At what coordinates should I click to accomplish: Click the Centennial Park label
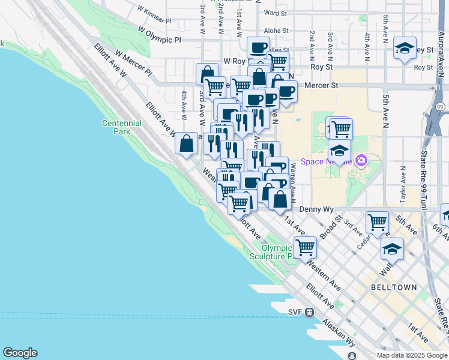click(121, 127)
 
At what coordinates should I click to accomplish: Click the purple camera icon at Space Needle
click(361, 160)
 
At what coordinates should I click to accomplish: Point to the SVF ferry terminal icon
click(310, 312)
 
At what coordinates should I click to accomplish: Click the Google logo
click(20, 353)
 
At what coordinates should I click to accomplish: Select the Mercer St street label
click(321, 85)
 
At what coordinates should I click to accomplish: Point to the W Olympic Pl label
click(159, 34)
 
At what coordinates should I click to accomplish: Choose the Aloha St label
click(276, 30)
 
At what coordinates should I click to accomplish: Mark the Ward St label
click(275, 13)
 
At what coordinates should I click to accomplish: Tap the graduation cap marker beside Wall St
click(392, 248)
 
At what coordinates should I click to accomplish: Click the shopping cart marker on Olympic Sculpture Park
click(305, 247)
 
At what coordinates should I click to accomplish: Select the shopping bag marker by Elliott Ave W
click(187, 143)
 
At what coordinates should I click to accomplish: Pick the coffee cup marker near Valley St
click(259, 47)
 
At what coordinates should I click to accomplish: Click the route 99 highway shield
click(440, 106)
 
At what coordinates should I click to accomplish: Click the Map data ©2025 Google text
click(412, 355)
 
